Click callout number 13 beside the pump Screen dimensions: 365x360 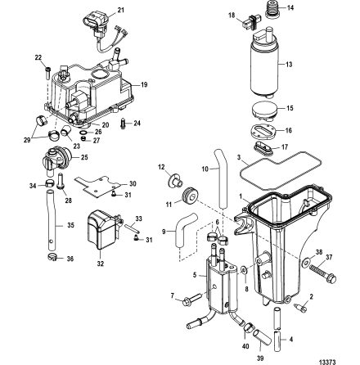coord(287,62)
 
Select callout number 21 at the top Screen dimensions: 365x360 coord(121,10)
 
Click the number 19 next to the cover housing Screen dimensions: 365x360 coord(145,84)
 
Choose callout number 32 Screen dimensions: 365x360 coord(101,264)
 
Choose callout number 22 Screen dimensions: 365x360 coord(37,57)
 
